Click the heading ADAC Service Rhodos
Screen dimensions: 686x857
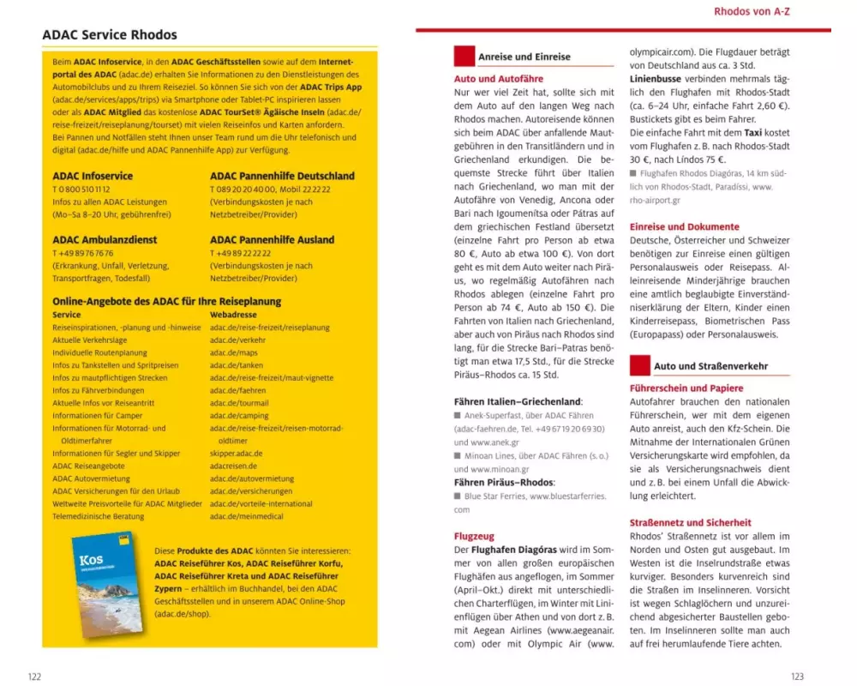[x=110, y=35]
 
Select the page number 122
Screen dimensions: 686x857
[x=34, y=677]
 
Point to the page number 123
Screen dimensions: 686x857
[x=797, y=677]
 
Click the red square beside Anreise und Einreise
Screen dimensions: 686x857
[x=464, y=57]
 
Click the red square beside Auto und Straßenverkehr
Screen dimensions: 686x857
[x=639, y=365]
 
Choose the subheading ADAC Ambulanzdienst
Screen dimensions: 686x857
[x=105, y=240]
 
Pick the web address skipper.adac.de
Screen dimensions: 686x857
[x=236, y=454]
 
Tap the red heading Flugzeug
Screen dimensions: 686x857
[x=474, y=536]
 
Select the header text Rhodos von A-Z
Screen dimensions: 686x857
[x=752, y=11]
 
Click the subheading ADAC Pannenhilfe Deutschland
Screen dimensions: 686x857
[x=282, y=177]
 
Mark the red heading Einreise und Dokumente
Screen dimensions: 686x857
[x=684, y=227]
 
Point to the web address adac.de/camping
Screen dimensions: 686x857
[x=239, y=415]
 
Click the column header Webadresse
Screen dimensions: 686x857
[x=233, y=315]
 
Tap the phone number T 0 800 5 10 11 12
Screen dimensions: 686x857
[x=81, y=190]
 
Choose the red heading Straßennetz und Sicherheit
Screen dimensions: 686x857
[x=690, y=522]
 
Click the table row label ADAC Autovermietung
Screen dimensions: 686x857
[x=91, y=478]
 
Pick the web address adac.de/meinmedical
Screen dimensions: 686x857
[x=246, y=516]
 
